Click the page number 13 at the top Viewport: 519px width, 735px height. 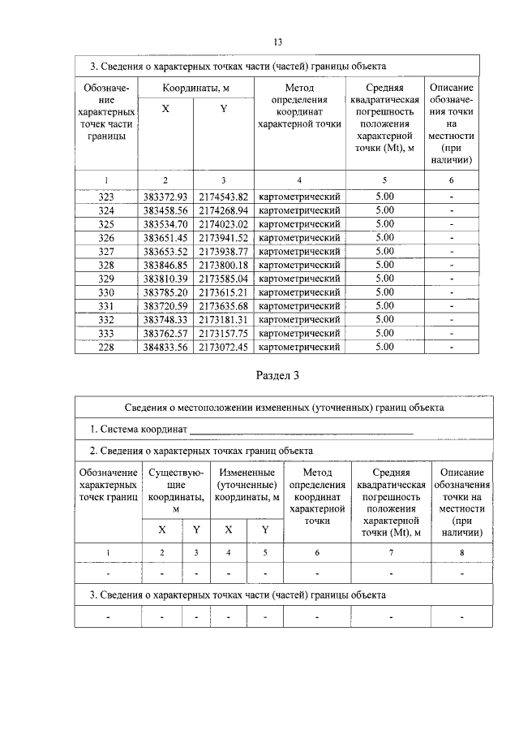[277, 41]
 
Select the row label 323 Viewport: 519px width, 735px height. [105, 197]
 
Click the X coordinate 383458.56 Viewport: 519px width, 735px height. [165, 210]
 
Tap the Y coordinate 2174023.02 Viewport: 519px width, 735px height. [223, 224]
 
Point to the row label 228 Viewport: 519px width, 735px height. [105, 348]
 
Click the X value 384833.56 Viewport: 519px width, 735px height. [165, 348]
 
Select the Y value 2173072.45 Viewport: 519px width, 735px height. [223, 348]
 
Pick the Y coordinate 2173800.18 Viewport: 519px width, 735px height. [223, 265]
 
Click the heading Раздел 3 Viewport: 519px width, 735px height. [277, 375]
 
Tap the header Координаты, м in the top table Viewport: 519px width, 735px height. [194, 87]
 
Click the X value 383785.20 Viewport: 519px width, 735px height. [165, 292]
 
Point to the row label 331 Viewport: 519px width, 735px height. [105, 306]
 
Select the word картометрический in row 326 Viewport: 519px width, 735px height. [298, 238]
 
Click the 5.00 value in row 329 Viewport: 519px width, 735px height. [384, 279]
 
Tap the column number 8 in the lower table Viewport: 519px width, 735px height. [462, 552]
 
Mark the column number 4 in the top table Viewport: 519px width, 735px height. [298, 179]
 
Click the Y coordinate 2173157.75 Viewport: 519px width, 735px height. [223, 334]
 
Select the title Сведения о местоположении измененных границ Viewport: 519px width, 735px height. [283, 407]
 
